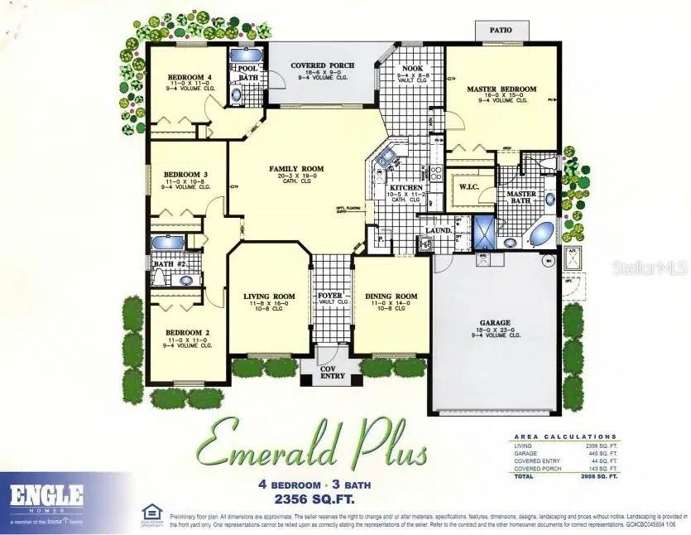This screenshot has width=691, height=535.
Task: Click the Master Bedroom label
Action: click(501, 89)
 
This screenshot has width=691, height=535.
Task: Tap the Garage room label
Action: click(495, 322)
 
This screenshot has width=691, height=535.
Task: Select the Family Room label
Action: click(296, 169)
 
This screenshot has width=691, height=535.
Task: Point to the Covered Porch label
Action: click(322, 65)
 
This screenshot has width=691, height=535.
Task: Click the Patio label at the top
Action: click(501, 30)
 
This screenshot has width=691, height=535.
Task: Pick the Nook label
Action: click(412, 69)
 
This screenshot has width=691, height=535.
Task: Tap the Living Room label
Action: click(269, 296)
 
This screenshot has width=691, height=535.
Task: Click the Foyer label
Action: click(330, 296)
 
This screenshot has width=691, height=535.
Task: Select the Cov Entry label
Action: click(333, 373)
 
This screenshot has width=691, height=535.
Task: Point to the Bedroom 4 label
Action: click(185, 77)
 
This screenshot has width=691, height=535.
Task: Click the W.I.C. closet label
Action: click(468, 187)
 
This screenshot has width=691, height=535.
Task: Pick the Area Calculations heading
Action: click(565, 436)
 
